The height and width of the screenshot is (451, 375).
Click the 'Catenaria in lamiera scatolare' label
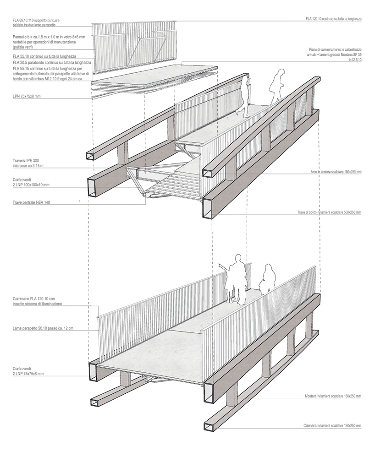[332, 426]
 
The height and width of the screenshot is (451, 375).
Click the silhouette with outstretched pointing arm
[236, 278]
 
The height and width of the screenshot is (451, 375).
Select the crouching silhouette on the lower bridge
[268, 280]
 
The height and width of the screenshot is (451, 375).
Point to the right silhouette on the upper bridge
[277, 86]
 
